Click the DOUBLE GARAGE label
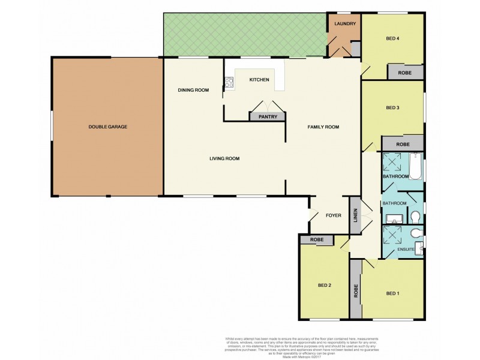coord(107,127)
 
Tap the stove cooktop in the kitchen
coord(229,84)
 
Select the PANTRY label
coord(268,117)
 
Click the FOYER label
coord(333,215)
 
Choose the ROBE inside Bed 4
coord(405,73)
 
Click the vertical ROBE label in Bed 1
coord(356,290)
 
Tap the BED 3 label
coord(392,108)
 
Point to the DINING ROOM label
coord(193,90)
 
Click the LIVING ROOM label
coord(224,158)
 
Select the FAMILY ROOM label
coord(323,127)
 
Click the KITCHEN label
coord(259,80)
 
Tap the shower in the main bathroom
coord(394,163)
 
